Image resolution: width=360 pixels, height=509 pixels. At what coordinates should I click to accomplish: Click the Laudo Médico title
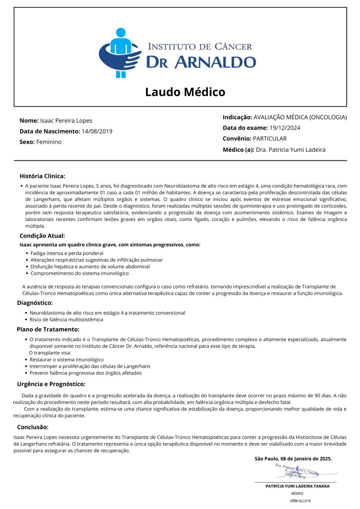coord(185,92)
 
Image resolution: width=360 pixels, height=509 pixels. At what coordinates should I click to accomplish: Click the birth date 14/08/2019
coord(97,131)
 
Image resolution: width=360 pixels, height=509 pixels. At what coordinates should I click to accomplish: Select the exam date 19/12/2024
coord(285,128)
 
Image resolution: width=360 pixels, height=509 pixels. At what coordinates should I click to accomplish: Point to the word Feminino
coord(49,142)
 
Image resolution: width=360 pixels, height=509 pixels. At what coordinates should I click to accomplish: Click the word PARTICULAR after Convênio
coord(270,139)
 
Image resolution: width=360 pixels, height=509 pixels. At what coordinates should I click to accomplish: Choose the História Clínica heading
coord(42,176)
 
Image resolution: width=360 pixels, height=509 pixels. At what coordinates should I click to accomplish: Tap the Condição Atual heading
coord(42,236)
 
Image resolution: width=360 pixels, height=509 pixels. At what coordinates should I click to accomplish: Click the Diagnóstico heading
coord(35,303)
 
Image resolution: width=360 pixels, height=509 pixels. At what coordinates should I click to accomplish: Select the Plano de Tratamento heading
coord(48,329)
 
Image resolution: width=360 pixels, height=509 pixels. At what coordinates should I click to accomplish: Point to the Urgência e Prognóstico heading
coord(51,384)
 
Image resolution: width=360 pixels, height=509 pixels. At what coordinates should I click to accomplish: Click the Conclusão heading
coord(33,427)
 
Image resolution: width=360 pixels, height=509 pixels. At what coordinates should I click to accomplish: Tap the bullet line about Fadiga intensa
coord(67,253)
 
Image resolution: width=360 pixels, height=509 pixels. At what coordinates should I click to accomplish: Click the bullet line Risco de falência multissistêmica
coord(66,319)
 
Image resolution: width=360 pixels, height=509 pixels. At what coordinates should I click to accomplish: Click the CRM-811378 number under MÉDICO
coord(300,501)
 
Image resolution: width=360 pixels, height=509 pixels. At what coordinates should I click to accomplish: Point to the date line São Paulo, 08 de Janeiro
coord(293,459)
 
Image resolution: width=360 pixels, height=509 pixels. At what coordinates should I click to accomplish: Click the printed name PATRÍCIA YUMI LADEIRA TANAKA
coord(297,486)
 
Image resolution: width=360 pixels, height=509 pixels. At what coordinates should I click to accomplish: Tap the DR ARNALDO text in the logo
coord(201,62)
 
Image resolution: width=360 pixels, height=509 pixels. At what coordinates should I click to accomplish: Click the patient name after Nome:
coord(66,121)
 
